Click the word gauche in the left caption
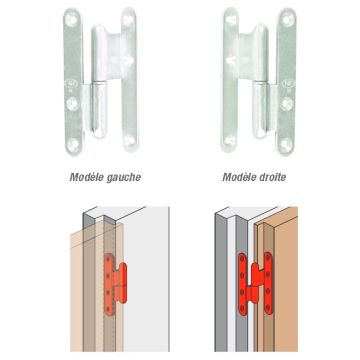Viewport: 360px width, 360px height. (123, 178)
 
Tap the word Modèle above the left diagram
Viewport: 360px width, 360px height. (86, 177)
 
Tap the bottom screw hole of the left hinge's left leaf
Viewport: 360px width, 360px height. (74, 144)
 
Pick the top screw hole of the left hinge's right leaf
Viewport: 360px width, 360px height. (128, 19)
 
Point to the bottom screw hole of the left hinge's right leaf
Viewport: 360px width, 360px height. (130, 140)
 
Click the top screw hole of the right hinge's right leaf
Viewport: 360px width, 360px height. (288, 20)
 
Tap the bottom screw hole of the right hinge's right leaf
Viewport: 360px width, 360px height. (286, 144)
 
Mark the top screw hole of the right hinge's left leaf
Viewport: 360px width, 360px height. (231, 19)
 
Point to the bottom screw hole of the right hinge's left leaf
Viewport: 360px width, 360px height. (229, 140)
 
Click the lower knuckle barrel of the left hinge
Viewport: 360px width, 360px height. (99, 109)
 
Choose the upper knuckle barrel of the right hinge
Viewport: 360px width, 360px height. (260, 53)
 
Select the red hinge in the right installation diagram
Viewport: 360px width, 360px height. (256, 283)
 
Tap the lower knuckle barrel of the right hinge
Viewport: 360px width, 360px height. (261, 110)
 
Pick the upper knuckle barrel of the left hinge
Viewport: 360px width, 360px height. (99, 53)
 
